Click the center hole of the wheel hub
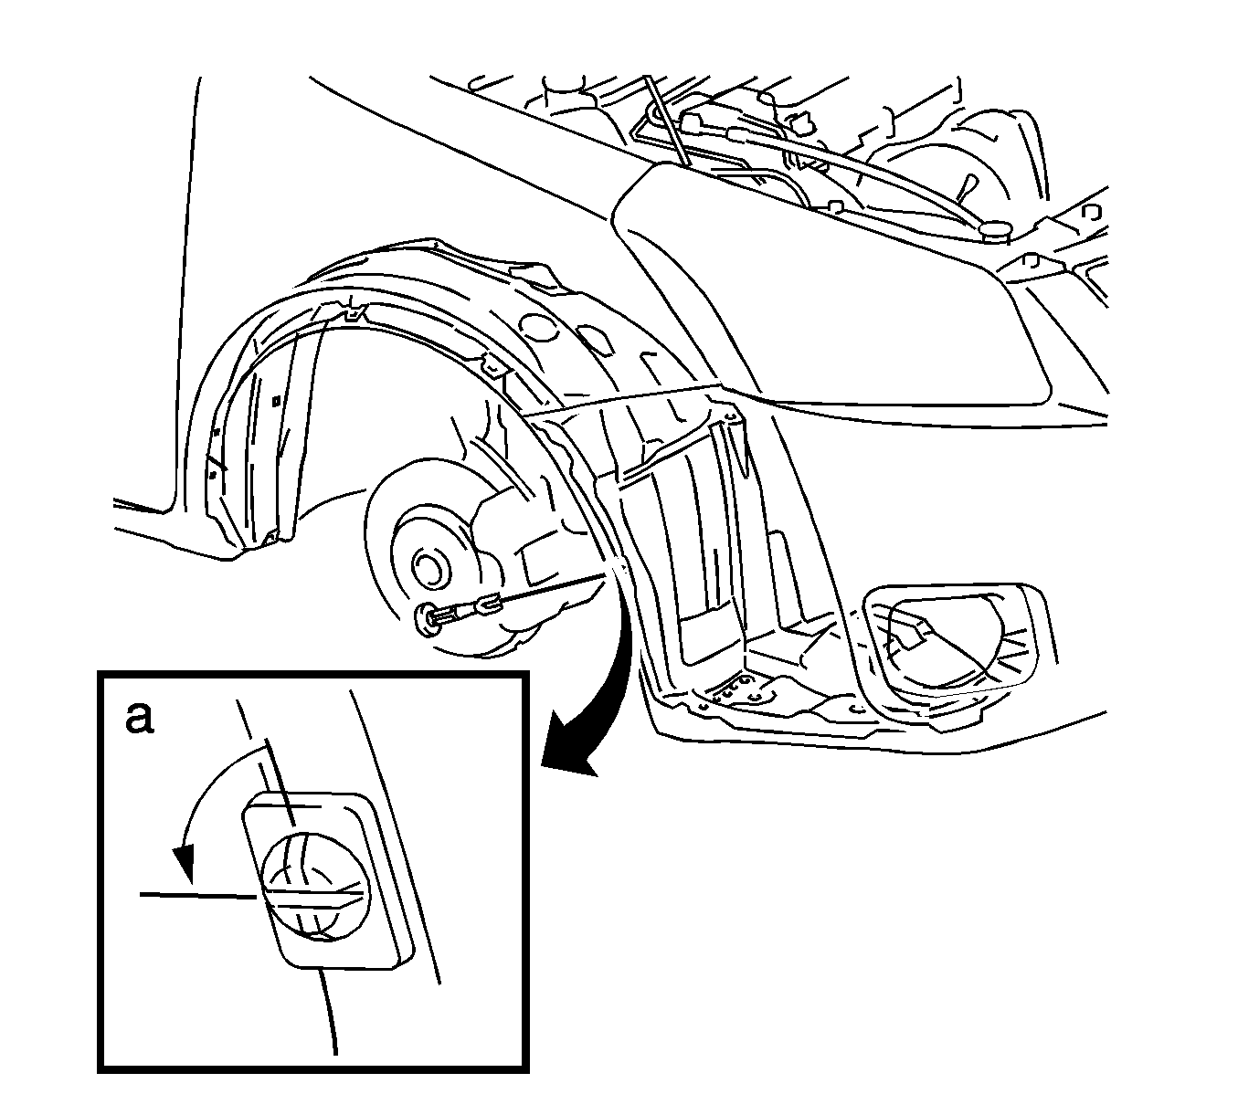(429, 567)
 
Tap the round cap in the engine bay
(994, 230)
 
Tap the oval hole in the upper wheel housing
(535, 327)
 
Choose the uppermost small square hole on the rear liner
(276, 401)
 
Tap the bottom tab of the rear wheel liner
(271, 538)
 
